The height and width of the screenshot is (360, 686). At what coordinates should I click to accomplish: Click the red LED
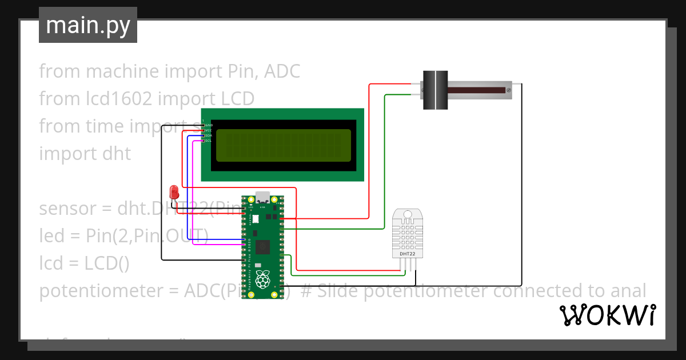click(x=174, y=192)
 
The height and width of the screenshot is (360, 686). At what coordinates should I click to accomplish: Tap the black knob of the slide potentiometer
click(x=435, y=90)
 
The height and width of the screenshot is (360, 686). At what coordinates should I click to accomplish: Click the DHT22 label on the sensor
click(x=408, y=253)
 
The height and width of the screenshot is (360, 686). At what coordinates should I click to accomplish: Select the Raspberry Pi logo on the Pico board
click(x=262, y=280)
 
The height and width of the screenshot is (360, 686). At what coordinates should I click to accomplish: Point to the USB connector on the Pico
click(x=262, y=197)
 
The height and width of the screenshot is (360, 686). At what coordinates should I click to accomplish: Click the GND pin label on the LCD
click(x=209, y=125)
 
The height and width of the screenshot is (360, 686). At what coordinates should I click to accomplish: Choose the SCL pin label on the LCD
click(x=209, y=141)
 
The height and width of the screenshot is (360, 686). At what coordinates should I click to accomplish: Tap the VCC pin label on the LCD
click(x=209, y=130)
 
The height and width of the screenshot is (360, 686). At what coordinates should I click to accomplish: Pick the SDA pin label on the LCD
click(x=209, y=135)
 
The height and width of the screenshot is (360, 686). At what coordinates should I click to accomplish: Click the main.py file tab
click(x=88, y=25)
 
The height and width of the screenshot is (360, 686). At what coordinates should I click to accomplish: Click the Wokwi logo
click(x=608, y=315)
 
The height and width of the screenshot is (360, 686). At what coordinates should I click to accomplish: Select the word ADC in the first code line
click(x=281, y=71)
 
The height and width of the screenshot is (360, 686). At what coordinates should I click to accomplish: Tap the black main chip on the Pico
click(x=263, y=247)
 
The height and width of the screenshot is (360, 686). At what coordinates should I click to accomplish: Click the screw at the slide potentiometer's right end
click(x=509, y=90)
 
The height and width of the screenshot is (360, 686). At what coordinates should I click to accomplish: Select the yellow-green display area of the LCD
click(x=284, y=145)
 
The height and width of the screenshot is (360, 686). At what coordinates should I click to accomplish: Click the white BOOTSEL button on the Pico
click(x=256, y=219)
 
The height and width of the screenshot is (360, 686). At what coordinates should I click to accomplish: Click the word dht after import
click(x=117, y=154)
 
